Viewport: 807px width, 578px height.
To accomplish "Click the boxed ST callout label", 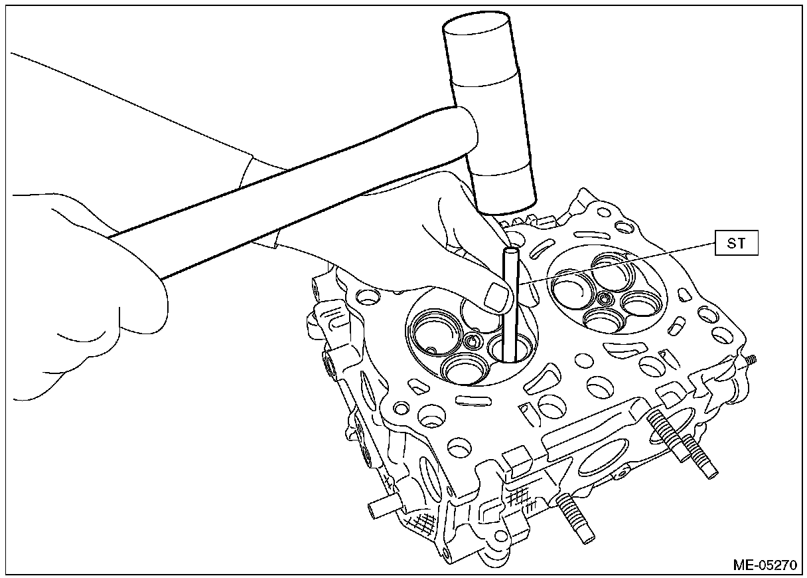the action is pyautogui.click(x=737, y=244).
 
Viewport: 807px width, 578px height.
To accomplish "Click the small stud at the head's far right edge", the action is pyautogui.click(x=752, y=360).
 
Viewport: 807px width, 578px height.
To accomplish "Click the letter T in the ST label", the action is pyautogui.click(x=742, y=244).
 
